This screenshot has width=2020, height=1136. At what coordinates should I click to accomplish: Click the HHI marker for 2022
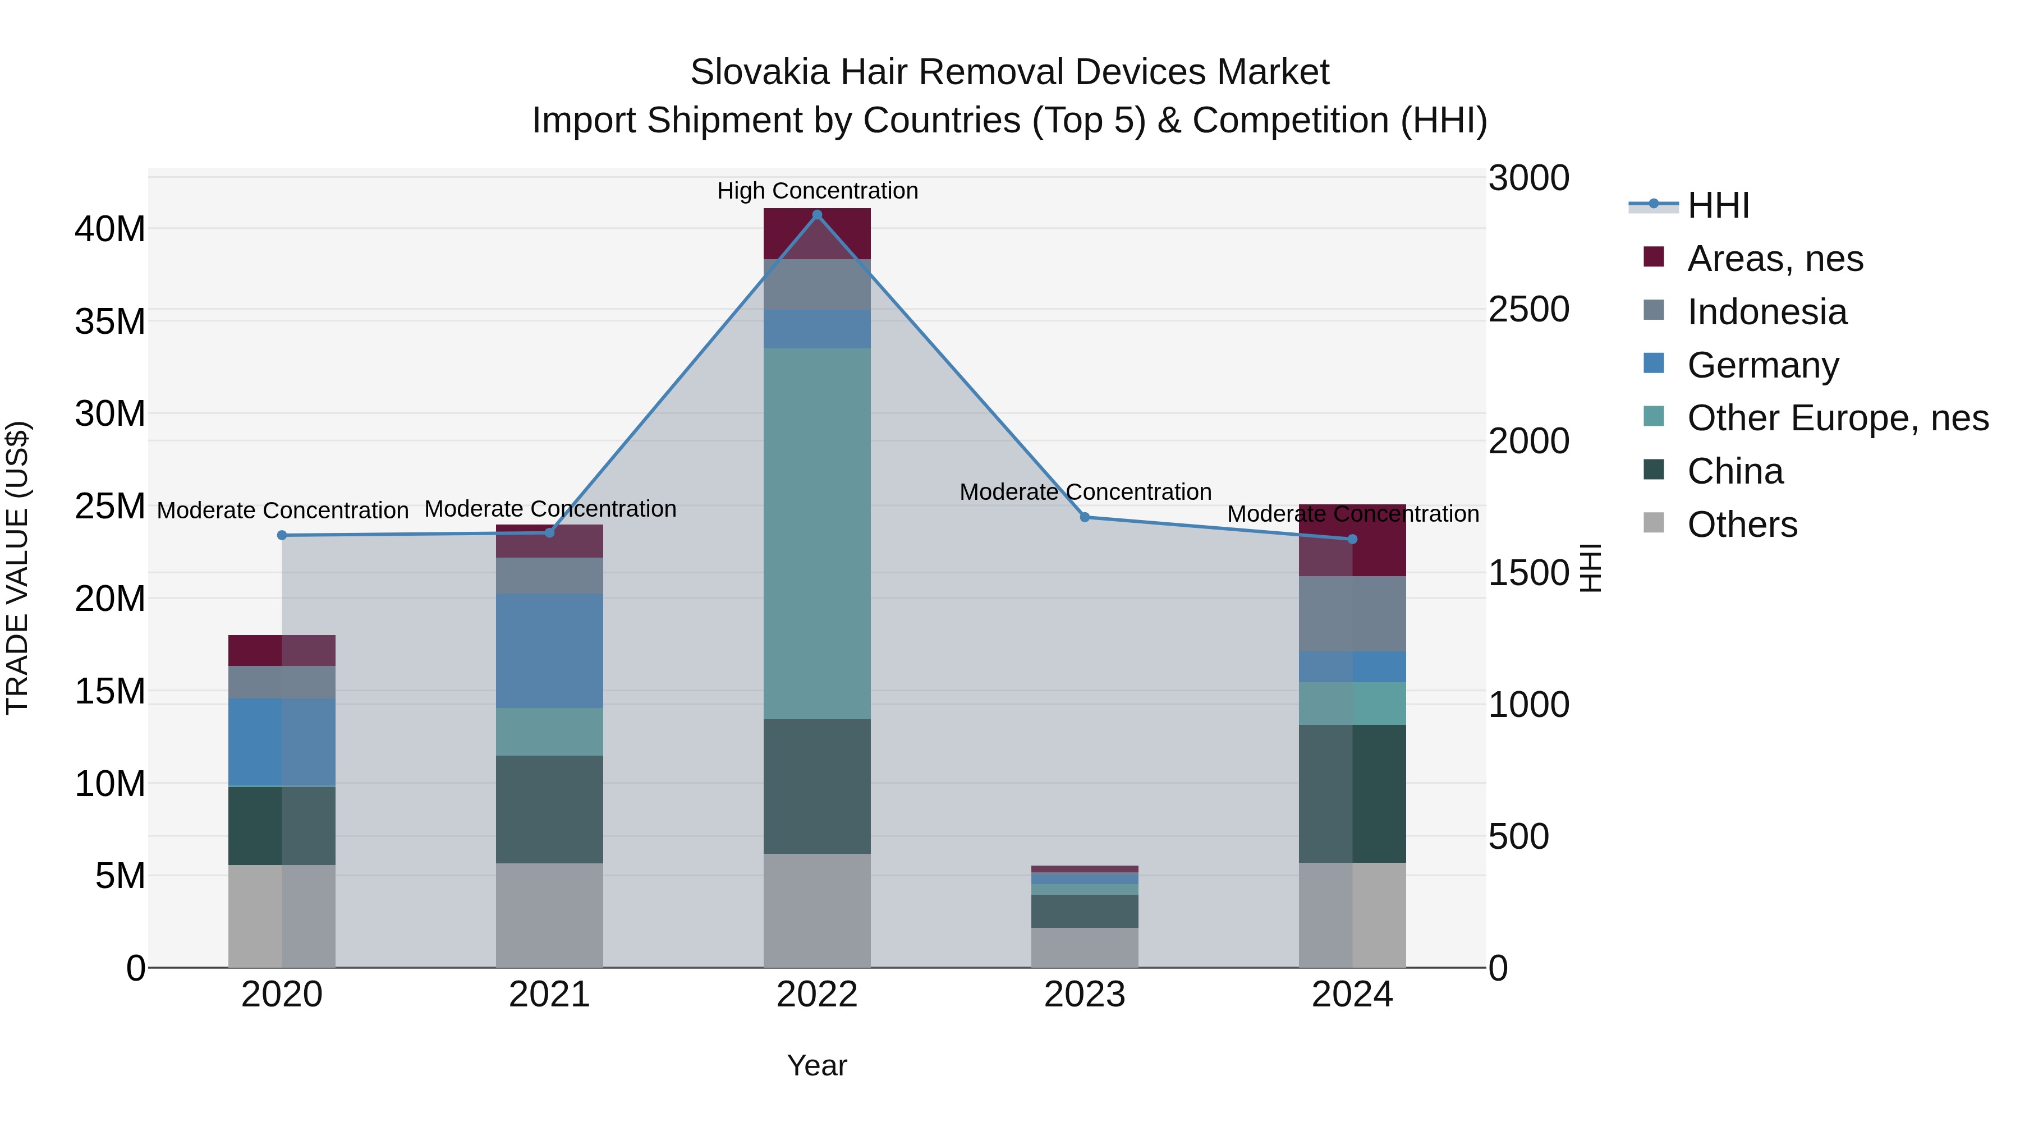[817, 215]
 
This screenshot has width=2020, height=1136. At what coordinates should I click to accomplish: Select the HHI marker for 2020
[282, 536]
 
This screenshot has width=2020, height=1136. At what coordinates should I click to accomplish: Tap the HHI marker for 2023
[1085, 517]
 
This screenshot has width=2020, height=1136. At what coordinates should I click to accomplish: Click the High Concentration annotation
[817, 191]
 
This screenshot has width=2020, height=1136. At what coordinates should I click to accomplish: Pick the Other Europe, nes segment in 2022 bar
[817, 533]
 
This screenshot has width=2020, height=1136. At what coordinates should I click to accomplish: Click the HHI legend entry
[1718, 205]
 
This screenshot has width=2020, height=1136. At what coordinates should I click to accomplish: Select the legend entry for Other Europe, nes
[1837, 418]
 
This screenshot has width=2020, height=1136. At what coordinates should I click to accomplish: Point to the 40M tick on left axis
[110, 229]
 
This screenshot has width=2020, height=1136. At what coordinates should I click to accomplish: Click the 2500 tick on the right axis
[1528, 310]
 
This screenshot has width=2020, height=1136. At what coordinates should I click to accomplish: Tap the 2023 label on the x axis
[1085, 995]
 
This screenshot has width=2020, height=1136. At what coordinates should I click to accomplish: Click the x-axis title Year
[817, 1065]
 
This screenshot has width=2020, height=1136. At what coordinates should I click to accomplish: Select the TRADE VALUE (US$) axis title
[17, 568]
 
